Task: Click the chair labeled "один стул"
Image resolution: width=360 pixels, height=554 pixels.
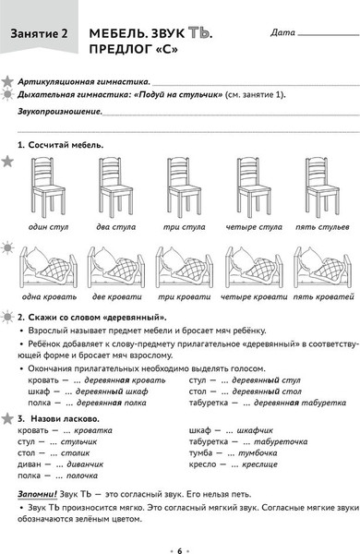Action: tap(48, 187)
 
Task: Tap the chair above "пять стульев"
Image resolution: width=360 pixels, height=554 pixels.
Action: tap(322, 187)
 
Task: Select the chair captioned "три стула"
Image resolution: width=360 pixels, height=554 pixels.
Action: tap(184, 187)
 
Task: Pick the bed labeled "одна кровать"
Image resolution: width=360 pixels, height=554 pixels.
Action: tap(48, 267)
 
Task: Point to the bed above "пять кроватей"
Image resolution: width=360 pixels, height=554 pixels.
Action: tap(322, 267)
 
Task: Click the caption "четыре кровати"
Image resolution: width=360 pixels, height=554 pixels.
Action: tap(254, 297)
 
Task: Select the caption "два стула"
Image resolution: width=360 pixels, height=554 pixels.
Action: tap(116, 227)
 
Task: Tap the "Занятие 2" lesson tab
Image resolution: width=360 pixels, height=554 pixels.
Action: tap(39, 34)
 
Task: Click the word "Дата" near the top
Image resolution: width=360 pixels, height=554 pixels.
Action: tap(282, 32)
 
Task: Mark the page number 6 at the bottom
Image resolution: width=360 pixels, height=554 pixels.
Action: tap(179, 550)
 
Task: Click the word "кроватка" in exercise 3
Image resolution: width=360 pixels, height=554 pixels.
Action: tap(92, 430)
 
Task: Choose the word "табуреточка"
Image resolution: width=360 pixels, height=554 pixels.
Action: tap(281, 441)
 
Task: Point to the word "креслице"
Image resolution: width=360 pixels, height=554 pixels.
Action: tap(259, 464)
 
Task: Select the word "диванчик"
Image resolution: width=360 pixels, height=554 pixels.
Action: tap(85, 464)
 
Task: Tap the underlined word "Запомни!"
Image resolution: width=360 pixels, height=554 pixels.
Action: tap(37, 494)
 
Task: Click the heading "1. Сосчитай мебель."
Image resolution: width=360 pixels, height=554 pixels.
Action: tap(60, 145)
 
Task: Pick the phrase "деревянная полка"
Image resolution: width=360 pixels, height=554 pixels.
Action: tap(112, 403)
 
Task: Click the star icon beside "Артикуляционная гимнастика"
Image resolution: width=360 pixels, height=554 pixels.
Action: tap(7, 81)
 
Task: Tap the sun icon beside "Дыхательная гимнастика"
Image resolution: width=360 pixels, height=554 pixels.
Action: tap(7, 95)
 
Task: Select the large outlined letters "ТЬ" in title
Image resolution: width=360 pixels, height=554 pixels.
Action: tap(199, 33)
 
